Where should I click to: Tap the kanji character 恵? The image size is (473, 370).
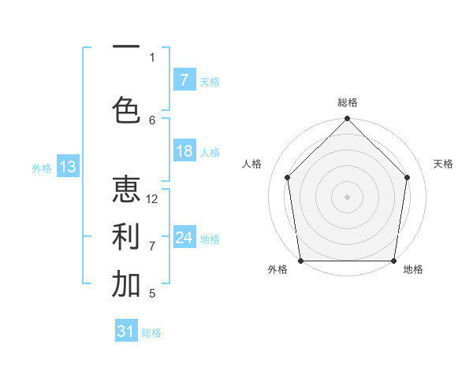pos(126,189)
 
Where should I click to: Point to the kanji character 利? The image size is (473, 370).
pos(126,235)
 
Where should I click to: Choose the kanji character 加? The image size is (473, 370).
pos(126,284)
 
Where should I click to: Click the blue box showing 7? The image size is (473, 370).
pos(184,80)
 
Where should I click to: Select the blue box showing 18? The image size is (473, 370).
pos(184,151)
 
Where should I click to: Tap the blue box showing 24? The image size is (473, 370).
pos(184,238)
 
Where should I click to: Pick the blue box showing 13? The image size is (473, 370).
pos(67,167)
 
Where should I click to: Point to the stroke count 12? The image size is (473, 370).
pos(153,198)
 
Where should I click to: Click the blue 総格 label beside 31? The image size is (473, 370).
pos(151,333)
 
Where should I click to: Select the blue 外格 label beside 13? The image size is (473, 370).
pos(42,168)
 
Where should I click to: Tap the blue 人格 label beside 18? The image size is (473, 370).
pos(210,152)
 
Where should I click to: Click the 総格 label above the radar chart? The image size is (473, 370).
pos(348,102)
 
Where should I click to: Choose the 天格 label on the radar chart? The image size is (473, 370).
pos(443,164)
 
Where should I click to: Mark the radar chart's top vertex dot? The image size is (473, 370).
pos(348,119)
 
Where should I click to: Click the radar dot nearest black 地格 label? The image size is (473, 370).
pos(393,261)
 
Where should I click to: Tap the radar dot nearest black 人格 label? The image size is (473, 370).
pos(287,177)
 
